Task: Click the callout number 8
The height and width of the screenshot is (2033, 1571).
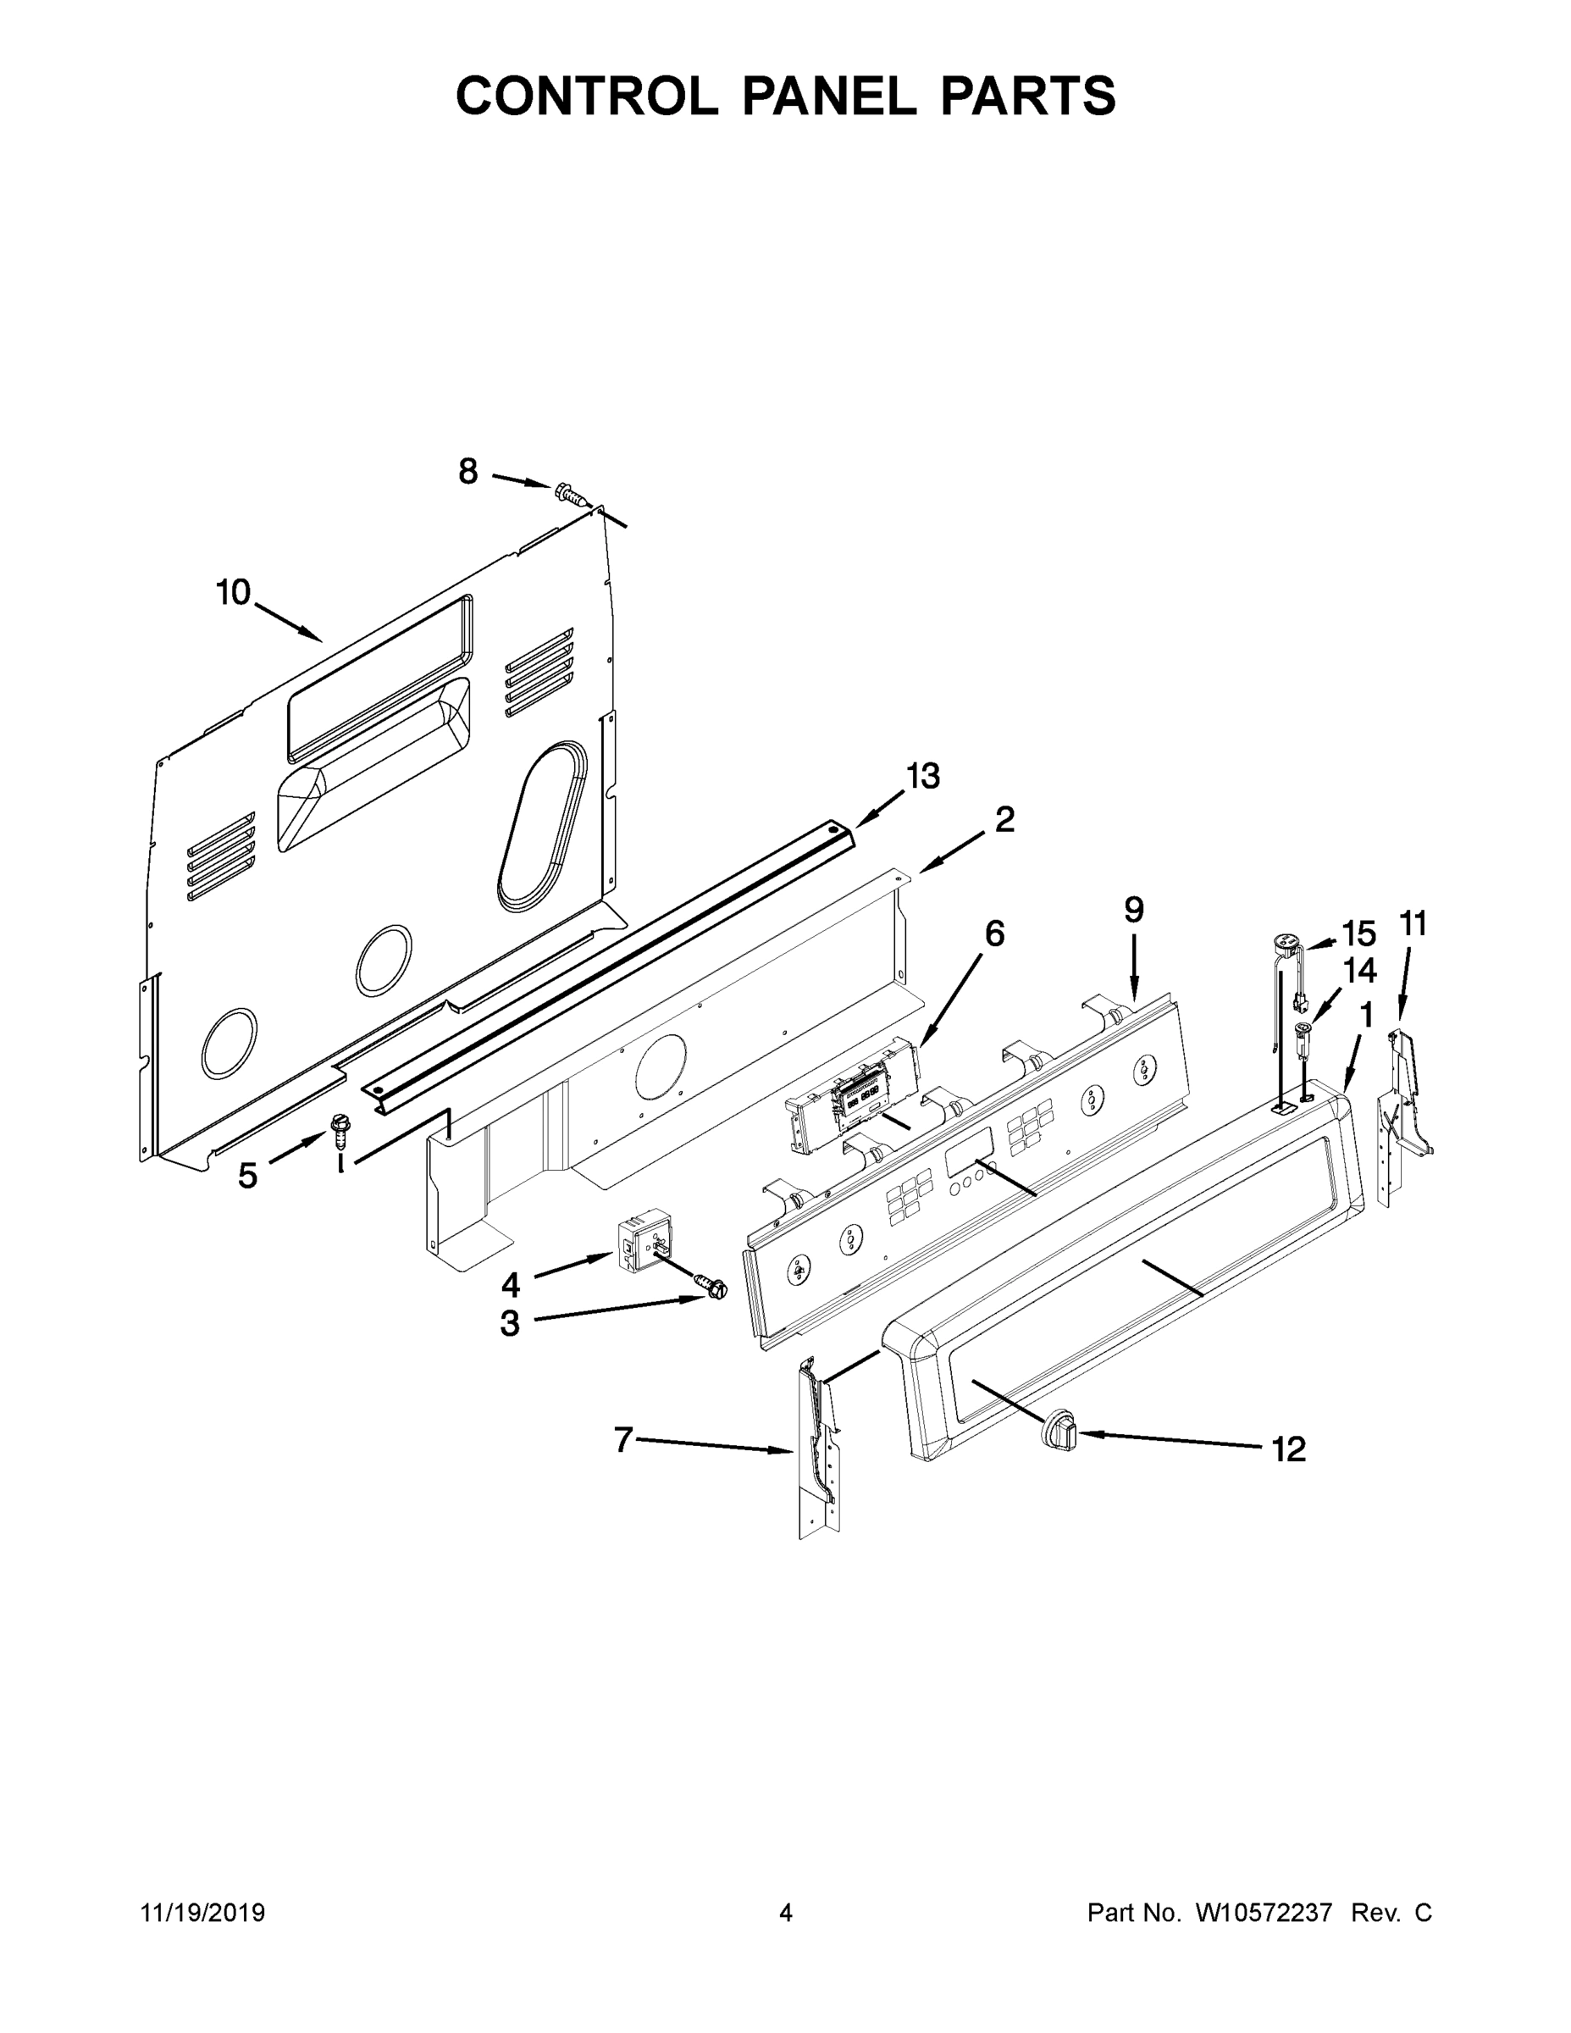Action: click(468, 472)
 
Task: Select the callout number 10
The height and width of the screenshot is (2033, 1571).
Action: click(234, 592)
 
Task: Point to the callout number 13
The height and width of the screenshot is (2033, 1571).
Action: click(923, 775)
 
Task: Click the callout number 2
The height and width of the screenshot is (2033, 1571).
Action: click(1004, 819)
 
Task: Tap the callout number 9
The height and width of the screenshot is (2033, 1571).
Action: click(1132, 910)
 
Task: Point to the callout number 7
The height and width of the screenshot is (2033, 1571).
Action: click(622, 1440)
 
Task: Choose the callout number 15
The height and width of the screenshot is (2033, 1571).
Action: click(1358, 933)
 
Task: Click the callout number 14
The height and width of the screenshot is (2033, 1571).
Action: click(1358, 971)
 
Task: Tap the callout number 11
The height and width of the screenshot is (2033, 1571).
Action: click(1412, 924)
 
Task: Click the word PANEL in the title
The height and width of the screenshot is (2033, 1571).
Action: click(828, 96)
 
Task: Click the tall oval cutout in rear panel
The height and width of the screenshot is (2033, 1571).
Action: click(544, 827)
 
